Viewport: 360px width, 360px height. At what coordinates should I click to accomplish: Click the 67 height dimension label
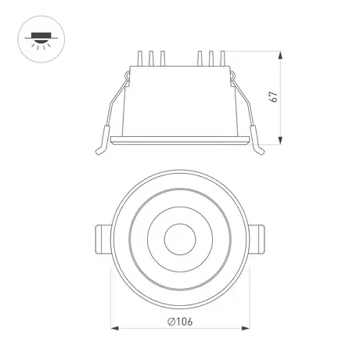click(273, 97)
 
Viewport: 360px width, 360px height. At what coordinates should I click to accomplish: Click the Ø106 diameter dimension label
click(180, 322)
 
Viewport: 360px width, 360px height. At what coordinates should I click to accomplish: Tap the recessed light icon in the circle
click(41, 41)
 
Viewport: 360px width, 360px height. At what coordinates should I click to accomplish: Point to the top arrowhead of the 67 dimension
click(280, 56)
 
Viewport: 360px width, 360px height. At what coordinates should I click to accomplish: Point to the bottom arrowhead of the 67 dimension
click(280, 140)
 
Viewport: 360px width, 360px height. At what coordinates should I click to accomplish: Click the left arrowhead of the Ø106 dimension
click(115, 328)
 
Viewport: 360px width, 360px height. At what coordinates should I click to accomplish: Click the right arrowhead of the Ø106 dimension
click(246, 328)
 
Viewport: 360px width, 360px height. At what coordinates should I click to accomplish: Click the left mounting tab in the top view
click(103, 239)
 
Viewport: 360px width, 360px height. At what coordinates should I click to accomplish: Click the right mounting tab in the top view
click(257, 239)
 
